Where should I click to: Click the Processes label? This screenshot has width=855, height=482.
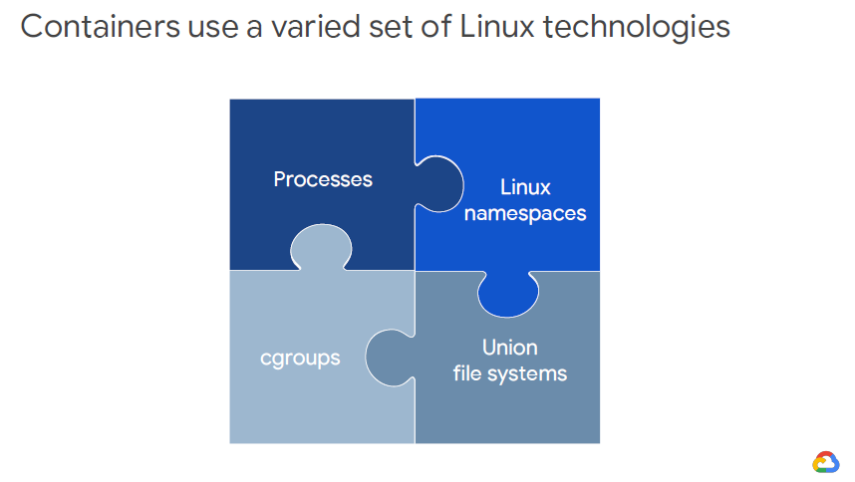pos(323,180)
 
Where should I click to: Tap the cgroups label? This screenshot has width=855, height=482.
pos(300,358)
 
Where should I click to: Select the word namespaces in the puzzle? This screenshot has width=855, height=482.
pos(525,213)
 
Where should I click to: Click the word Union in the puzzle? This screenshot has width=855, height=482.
pos(510,348)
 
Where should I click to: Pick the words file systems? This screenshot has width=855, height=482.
pos(510,374)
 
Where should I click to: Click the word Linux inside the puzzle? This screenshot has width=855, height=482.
pos(525,187)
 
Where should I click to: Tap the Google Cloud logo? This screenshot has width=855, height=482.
pos(826,461)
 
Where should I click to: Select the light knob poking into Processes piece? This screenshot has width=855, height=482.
pos(320,247)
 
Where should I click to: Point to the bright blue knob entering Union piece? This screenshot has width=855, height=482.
pos(508,291)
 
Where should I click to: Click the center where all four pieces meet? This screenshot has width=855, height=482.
pos(415,270)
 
